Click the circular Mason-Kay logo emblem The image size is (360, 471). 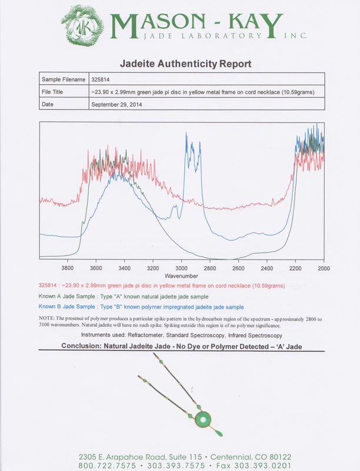coord(88,26)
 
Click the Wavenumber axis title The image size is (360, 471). coord(181,276)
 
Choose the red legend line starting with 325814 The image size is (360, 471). coord(162,286)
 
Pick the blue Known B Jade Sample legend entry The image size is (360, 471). coord(141,307)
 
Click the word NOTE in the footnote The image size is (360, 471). coord(47,318)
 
